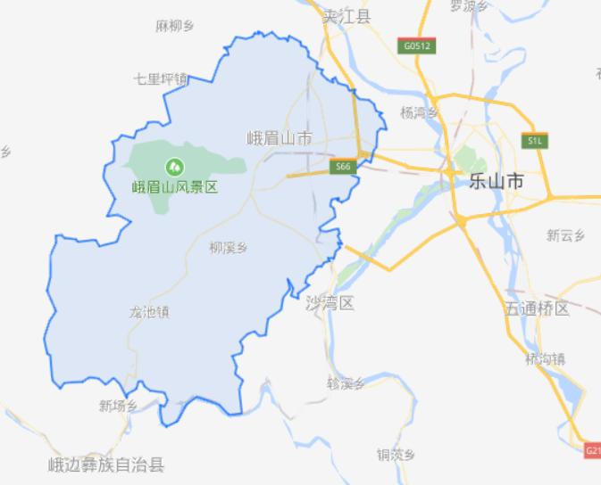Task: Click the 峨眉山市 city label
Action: point(280,138)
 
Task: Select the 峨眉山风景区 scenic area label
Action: point(175,188)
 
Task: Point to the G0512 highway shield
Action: point(416,44)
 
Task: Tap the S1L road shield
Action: point(535,141)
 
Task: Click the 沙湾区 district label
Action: point(330,304)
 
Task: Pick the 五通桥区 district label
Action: point(537,309)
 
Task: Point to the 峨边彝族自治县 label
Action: point(106,464)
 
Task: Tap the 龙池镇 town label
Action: point(149,312)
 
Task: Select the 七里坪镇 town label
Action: point(160,78)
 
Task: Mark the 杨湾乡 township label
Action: point(420,112)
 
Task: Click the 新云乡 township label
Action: point(564,235)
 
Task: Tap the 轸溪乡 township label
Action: point(346,383)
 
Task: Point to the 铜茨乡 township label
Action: point(396,454)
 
